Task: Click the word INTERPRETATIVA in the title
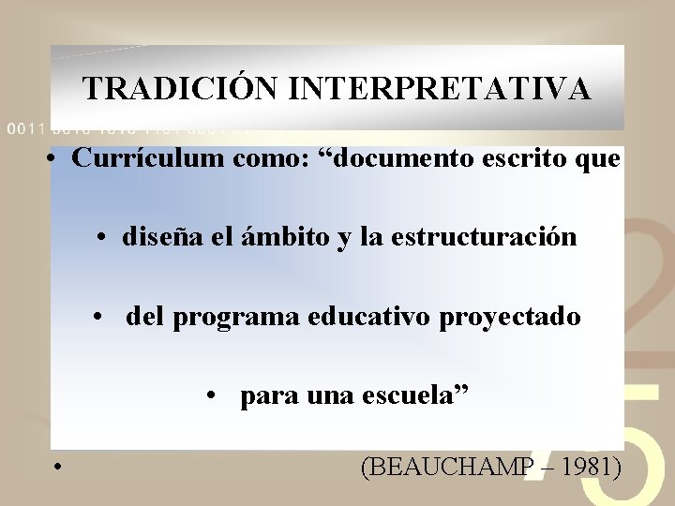coord(440,89)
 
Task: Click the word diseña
coord(157,238)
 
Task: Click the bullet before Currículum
coord(57,160)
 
